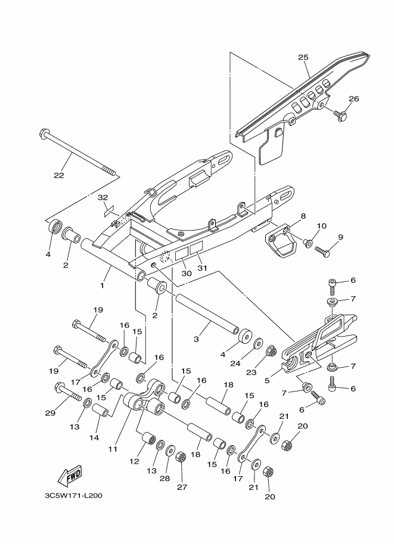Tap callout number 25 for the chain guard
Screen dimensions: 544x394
pos(303,57)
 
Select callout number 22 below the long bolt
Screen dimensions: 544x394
pos(58,175)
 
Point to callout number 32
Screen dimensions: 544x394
pos(103,197)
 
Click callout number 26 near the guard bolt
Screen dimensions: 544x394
pos(353,99)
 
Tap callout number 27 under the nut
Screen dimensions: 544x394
pos(182,487)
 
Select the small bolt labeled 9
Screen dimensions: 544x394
pos(322,252)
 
